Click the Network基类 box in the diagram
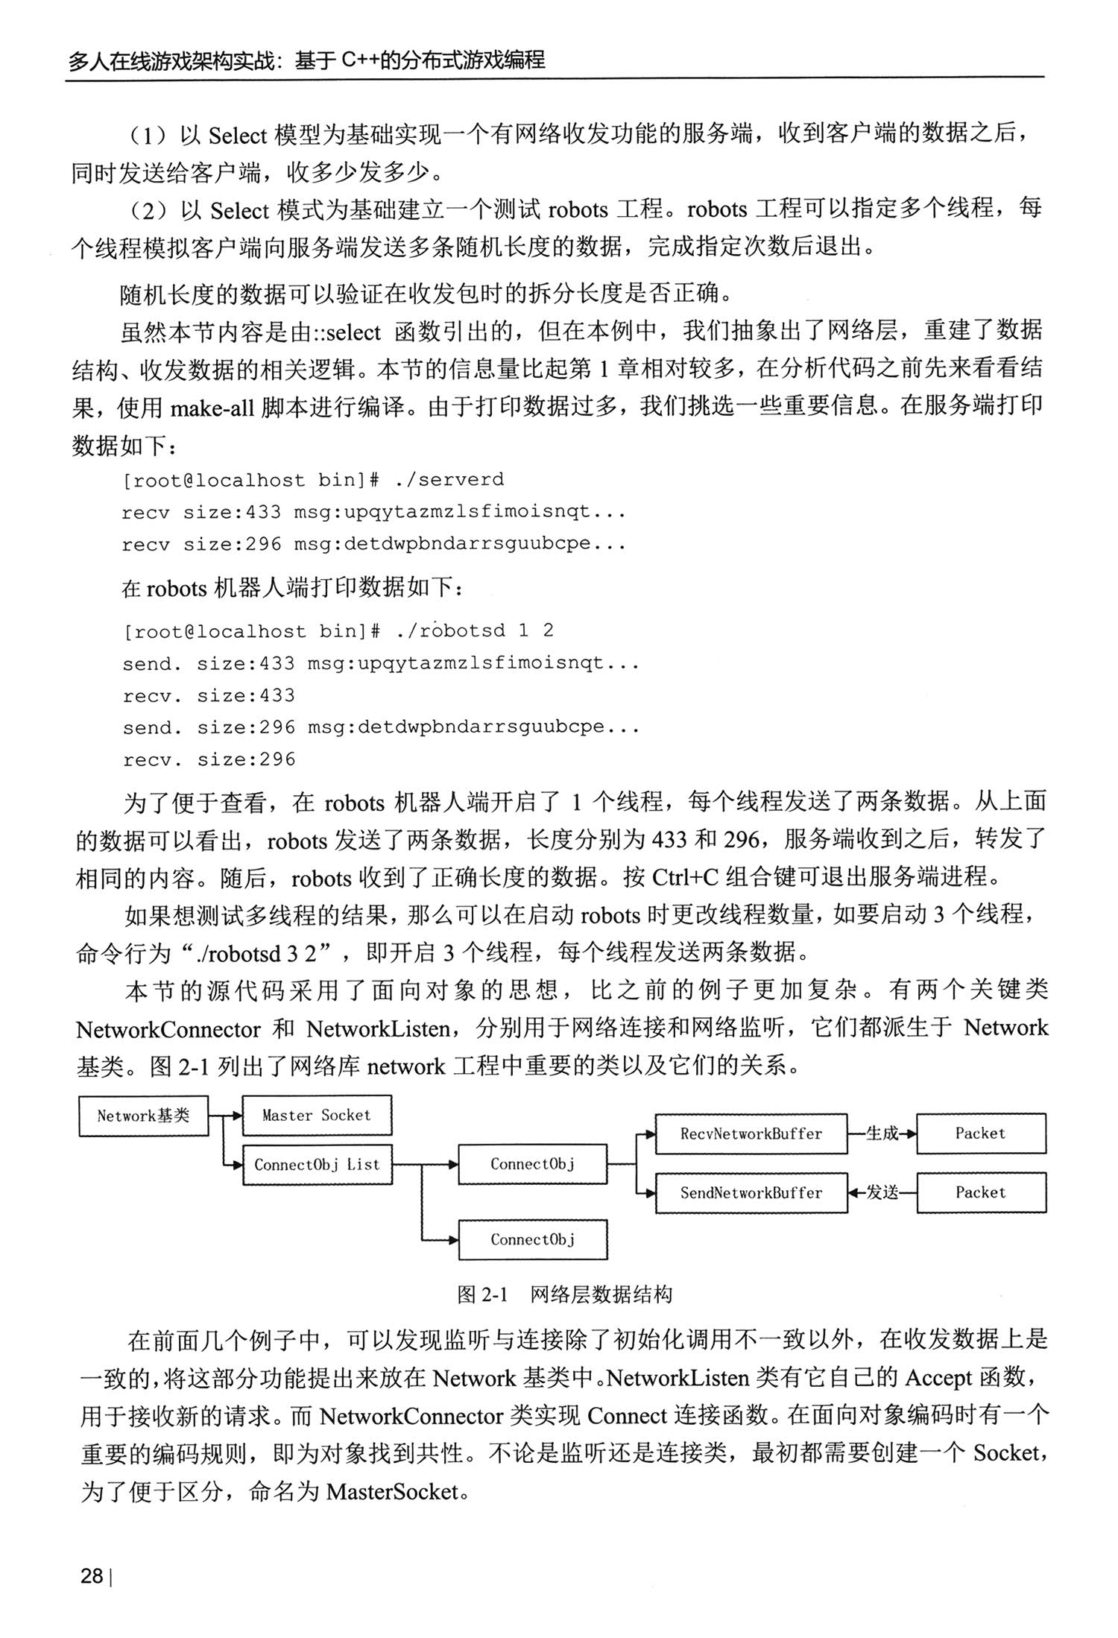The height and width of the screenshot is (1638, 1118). [x=143, y=1115]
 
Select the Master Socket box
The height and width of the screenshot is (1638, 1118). [x=317, y=1115]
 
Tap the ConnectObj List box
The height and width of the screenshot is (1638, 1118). [x=317, y=1164]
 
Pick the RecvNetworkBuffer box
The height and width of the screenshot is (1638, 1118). [x=751, y=1133]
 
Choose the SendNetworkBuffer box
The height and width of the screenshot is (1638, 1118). [x=751, y=1192]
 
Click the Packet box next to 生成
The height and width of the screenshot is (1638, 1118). [x=980, y=1133]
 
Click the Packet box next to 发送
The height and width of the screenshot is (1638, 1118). [x=980, y=1192]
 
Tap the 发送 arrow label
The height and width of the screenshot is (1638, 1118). [x=882, y=1192]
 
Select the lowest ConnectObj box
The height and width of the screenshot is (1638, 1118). [x=532, y=1239]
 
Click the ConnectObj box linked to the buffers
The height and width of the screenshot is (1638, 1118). [x=532, y=1164]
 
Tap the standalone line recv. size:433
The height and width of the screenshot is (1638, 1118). [x=209, y=695]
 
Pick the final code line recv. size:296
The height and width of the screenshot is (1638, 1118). [x=209, y=759]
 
